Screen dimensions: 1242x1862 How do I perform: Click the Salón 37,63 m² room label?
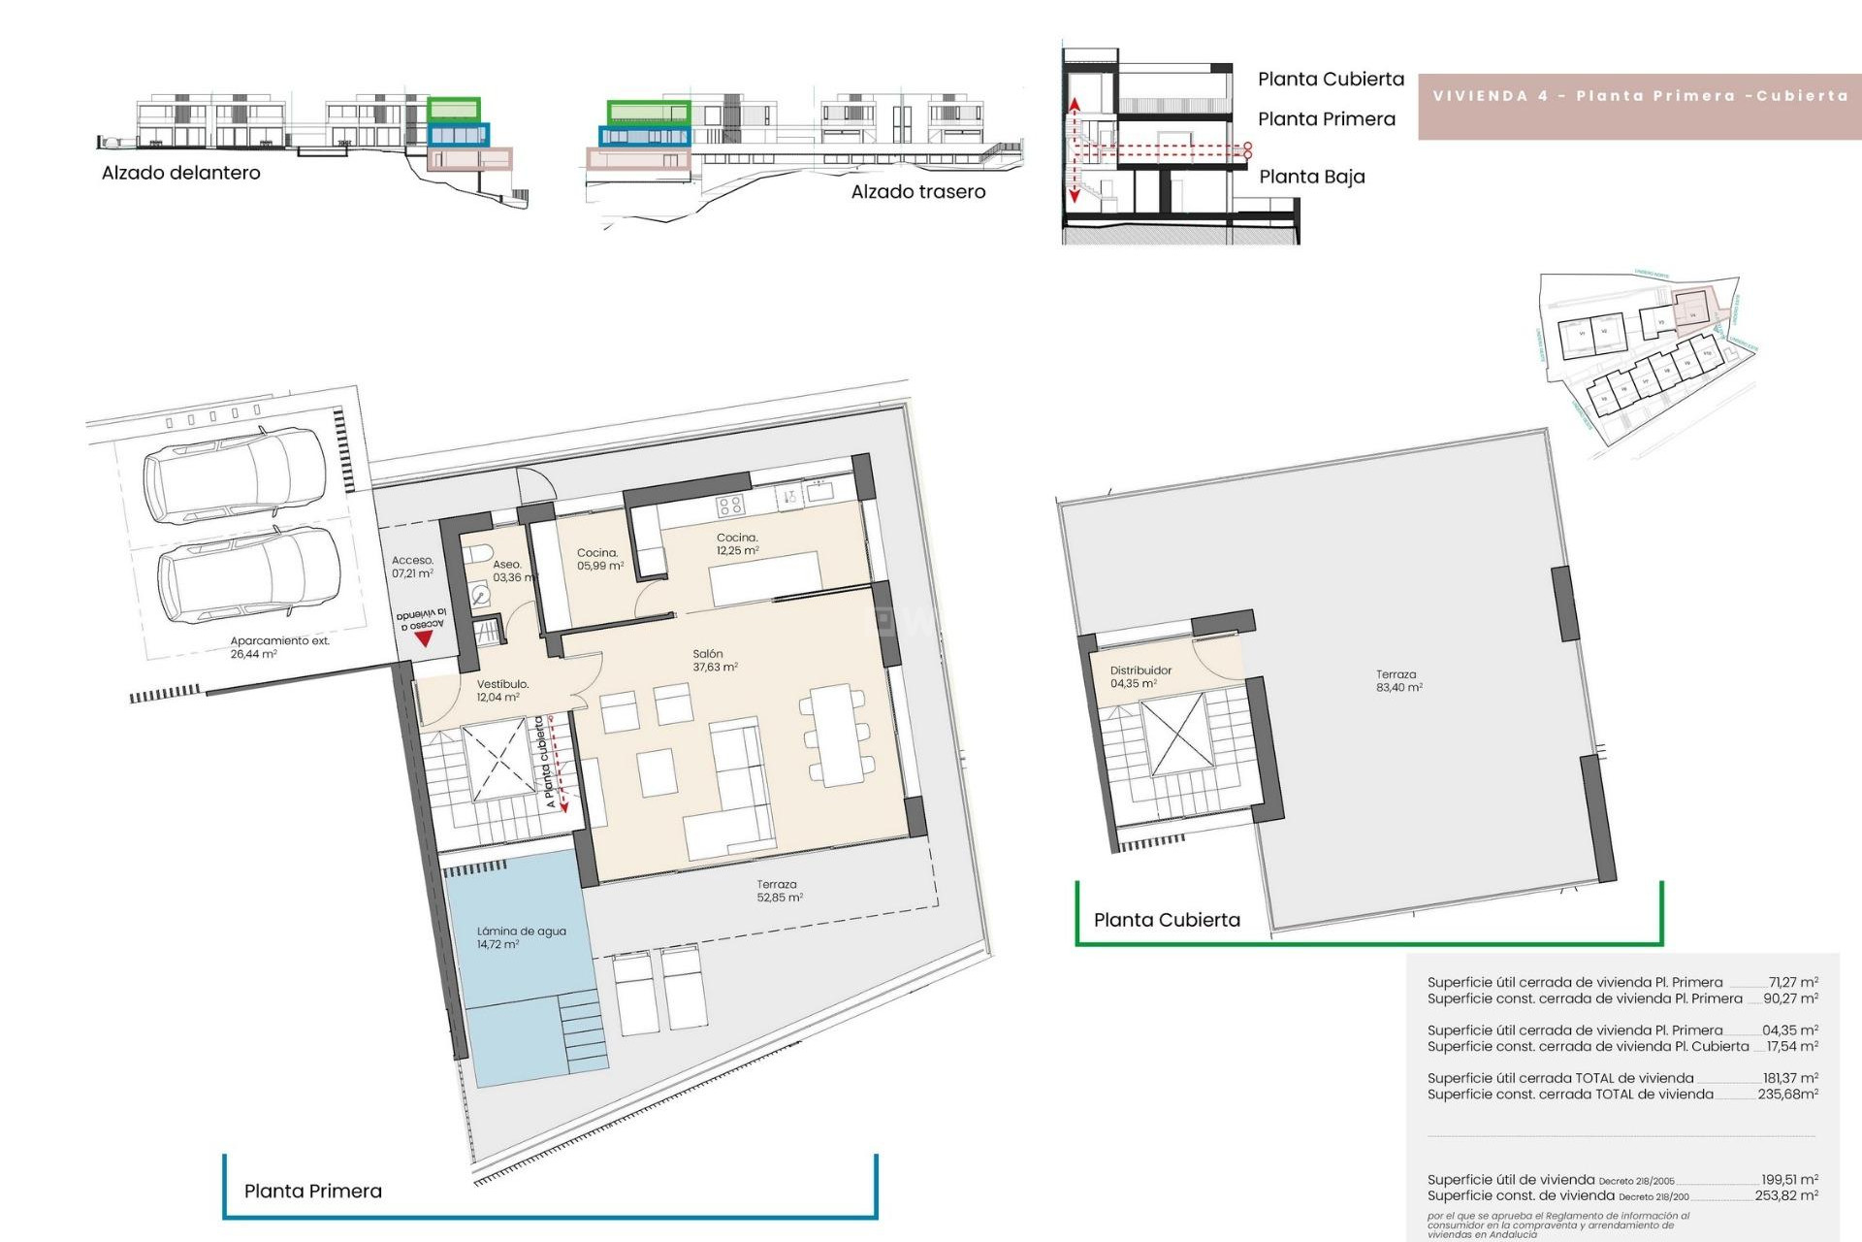(x=715, y=660)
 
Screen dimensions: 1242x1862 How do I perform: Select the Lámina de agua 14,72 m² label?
(x=521, y=937)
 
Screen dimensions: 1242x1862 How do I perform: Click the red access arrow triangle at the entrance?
(x=423, y=639)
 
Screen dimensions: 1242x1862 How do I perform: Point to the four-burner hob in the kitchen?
(x=729, y=505)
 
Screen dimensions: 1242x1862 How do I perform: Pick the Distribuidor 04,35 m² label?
(x=1140, y=676)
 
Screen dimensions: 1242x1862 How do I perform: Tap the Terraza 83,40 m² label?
(x=1397, y=680)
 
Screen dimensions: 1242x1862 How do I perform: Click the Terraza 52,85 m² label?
(x=779, y=891)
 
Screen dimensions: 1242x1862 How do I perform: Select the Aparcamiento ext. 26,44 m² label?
(x=279, y=647)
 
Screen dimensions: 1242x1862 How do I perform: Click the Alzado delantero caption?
(x=181, y=173)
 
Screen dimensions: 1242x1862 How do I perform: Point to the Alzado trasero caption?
(x=917, y=192)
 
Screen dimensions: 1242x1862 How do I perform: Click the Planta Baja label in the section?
(x=1311, y=177)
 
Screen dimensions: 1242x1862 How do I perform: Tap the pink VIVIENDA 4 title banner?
(x=1639, y=96)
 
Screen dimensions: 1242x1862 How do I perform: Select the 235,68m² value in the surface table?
(x=1787, y=1094)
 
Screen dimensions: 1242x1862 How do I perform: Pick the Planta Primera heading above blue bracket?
(x=312, y=1191)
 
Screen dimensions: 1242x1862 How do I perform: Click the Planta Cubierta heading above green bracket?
(x=1167, y=920)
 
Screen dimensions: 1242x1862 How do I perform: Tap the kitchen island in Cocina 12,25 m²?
(x=764, y=579)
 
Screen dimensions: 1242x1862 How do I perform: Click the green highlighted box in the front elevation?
(x=454, y=108)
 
